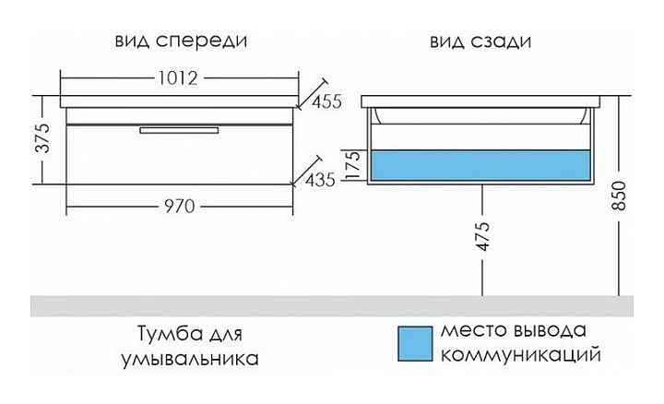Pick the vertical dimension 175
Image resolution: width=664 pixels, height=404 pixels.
pyautogui.click(x=351, y=166)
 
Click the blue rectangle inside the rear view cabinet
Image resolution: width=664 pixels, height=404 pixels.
pyautogui.click(x=480, y=166)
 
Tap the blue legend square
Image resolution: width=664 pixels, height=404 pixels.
pyautogui.click(x=414, y=342)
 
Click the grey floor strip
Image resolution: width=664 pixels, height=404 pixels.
pyautogui.click(x=332, y=305)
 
